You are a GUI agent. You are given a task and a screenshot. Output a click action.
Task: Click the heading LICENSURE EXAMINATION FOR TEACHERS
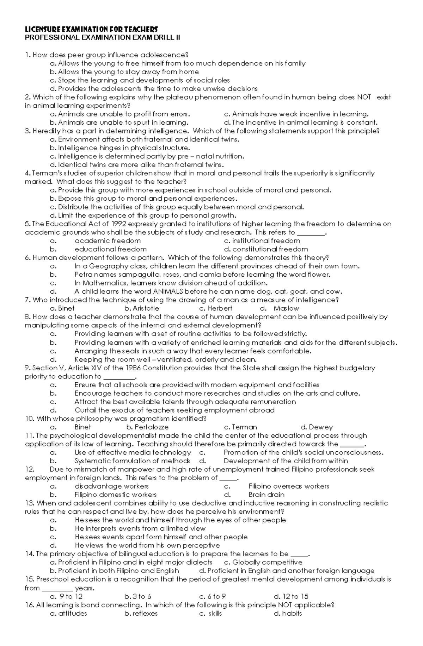point(91,29)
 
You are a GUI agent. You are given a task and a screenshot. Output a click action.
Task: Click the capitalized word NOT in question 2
point(364,97)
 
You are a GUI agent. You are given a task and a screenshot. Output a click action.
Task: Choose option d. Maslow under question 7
point(286,308)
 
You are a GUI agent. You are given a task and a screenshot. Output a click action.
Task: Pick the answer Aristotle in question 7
point(146,308)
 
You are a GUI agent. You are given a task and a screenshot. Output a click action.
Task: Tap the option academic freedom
point(108,241)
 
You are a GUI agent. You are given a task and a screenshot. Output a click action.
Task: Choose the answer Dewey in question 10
point(320,427)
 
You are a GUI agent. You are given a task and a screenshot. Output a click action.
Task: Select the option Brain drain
point(266,495)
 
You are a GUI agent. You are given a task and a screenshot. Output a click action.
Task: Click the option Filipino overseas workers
point(289,486)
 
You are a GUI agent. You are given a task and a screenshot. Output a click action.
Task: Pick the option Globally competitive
point(267,562)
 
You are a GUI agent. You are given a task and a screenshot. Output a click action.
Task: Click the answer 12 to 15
point(295,596)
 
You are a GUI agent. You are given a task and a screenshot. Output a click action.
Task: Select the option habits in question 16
point(292,613)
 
